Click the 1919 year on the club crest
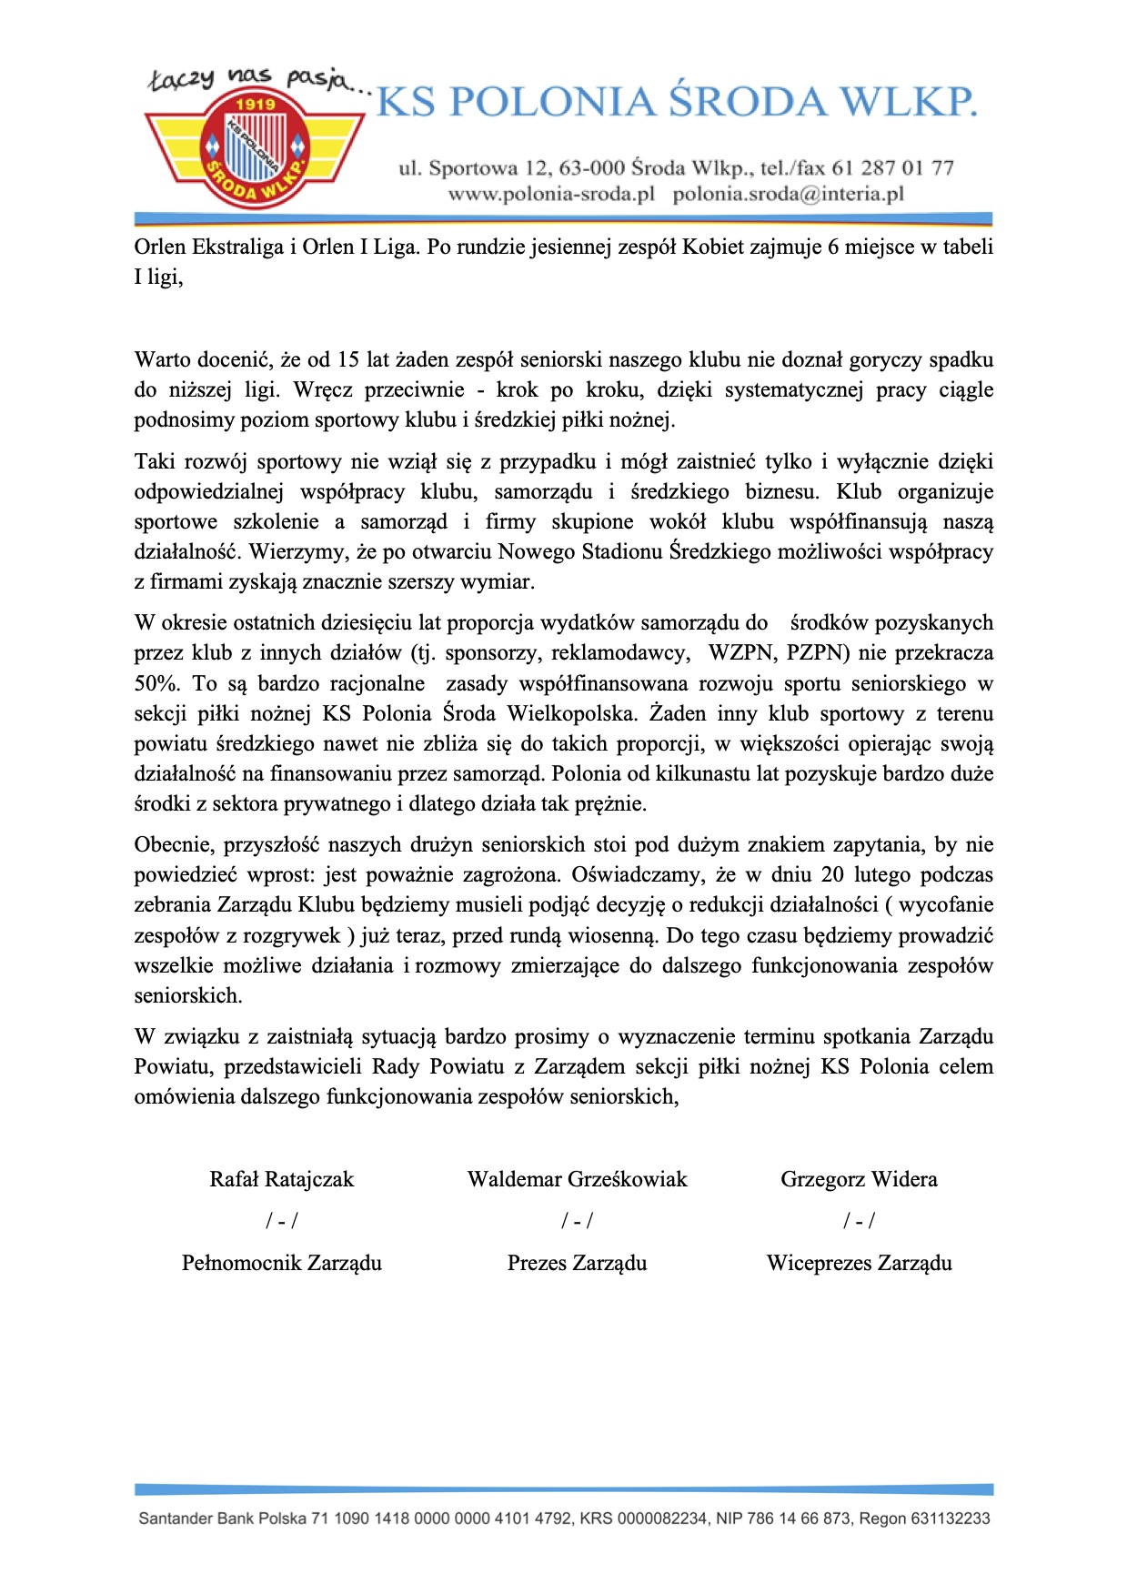[255, 105]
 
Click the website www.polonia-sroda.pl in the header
[551, 195]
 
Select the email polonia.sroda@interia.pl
[788, 195]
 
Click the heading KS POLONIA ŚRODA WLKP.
[677, 102]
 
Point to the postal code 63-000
[591, 168]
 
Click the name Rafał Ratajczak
[281, 1180]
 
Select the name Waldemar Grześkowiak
[577, 1180]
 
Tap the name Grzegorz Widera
[858, 1180]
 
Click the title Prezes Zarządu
[577, 1264]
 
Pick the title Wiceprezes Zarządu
[858, 1264]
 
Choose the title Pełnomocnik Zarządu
[281, 1264]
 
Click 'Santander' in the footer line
[176, 1518]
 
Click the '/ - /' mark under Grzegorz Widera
[858, 1221]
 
